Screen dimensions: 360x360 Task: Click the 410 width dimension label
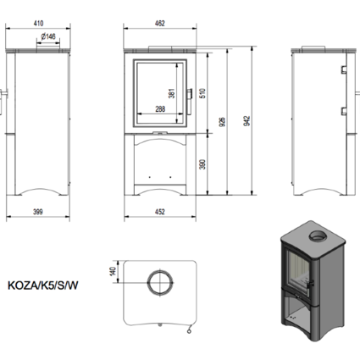coord(38,24)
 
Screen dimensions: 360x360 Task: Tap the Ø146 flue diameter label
coord(48,36)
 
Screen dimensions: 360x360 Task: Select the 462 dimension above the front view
coord(160,24)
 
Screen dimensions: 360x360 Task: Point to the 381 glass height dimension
coord(171,93)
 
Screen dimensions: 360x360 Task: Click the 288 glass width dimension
coord(160,109)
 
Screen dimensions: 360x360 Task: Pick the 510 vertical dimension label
coord(202,93)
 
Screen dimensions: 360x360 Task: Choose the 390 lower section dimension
coord(202,164)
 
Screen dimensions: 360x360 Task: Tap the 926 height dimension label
coord(222,122)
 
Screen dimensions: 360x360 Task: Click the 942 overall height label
coord(246,121)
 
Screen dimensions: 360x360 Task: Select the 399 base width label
coord(38,212)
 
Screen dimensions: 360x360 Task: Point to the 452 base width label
coord(160,212)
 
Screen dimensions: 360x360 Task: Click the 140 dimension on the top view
coord(113,271)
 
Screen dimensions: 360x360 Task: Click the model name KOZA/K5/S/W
coord(42,285)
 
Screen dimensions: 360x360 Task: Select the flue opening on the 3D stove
coord(319,235)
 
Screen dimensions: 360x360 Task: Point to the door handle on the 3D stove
coord(311,283)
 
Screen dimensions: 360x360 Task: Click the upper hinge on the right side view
coord(344,69)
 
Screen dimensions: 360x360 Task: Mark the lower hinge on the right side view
coord(344,111)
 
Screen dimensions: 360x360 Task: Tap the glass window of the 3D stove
coord(297,269)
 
